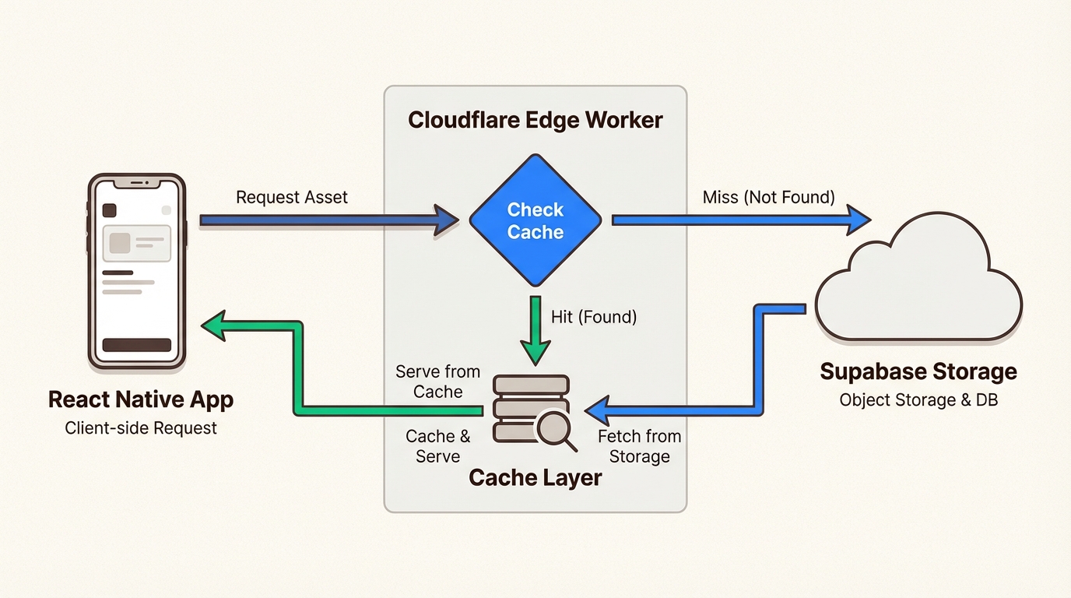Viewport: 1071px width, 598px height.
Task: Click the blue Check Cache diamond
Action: (535, 220)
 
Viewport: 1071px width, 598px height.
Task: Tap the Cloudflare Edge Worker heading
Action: (535, 121)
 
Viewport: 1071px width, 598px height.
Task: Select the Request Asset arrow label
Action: (292, 197)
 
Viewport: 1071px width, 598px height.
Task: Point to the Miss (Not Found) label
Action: (768, 197)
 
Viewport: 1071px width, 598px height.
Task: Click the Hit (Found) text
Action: (594, 317)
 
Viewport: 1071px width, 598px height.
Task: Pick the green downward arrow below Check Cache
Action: (535, 331)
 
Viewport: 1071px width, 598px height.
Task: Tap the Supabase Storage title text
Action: (918, 371)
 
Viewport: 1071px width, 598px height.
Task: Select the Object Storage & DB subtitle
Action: (918, 400)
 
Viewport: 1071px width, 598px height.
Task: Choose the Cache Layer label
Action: (535, 477)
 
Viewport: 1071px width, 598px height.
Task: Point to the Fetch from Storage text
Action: (639, 446)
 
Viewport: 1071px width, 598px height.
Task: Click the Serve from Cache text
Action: (437, 382)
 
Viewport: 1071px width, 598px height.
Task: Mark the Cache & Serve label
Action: (437, 446)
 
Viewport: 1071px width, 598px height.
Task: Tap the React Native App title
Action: (141, 400)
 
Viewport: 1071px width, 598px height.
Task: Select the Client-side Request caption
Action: (141, 427)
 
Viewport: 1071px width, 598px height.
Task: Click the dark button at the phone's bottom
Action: (137, 345)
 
